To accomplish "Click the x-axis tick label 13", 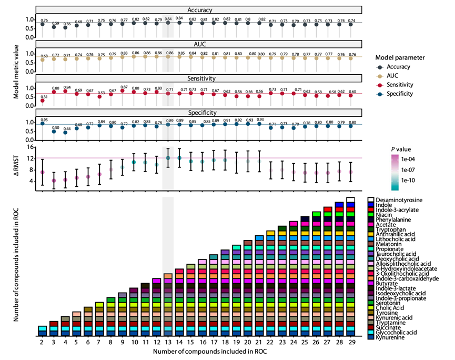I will [x=168, y=343].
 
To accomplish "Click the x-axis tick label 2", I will [x=42, y=343].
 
